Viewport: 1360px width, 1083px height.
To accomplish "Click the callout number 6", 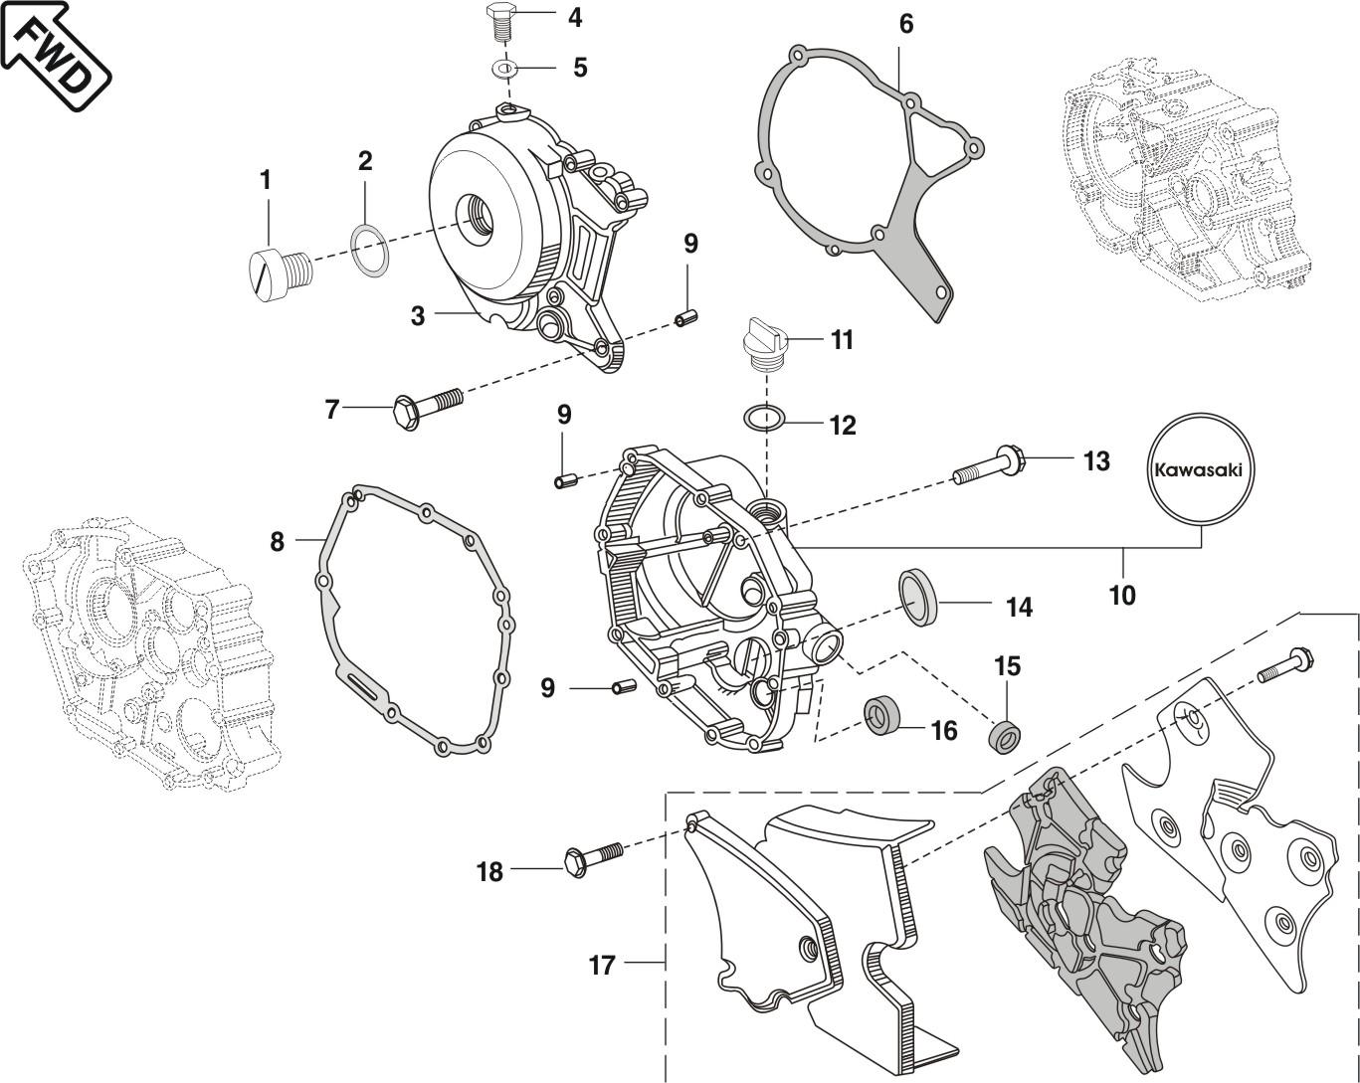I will pos(905,23).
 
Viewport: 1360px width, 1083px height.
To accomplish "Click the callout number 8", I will pos(277,541).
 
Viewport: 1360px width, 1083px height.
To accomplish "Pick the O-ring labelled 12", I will pos(766,417).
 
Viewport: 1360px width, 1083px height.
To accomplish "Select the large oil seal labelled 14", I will pos(919,596).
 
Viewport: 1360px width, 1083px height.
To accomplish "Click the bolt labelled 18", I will pos(591,856).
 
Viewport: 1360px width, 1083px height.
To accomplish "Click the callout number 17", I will pos(602,965).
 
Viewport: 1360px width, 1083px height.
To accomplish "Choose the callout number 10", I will pos(1121,595).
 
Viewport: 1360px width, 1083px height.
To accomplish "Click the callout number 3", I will pos(418,316).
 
